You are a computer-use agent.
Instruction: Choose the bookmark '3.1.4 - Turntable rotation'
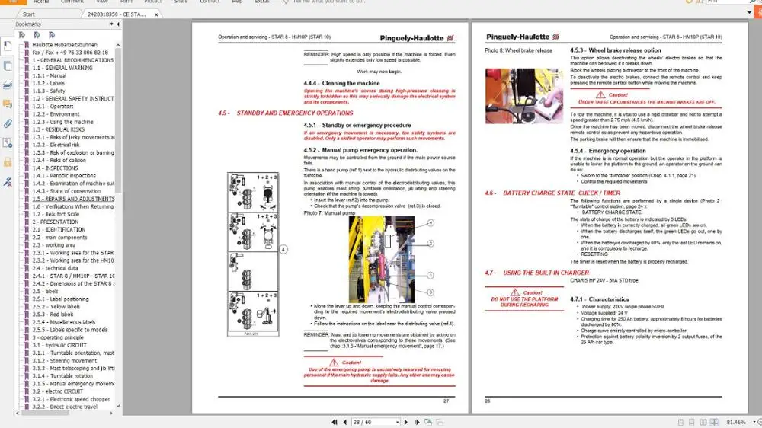click(62, 375)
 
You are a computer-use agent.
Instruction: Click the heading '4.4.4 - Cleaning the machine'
click(341, 83)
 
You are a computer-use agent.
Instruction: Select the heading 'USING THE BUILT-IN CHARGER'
click(546, 272)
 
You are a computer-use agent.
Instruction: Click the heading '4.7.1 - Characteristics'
click(599, 299)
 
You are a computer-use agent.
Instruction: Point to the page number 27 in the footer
click(446, 401)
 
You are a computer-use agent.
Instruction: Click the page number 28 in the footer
click(488, 401)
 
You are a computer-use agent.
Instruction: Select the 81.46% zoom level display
click(736, 422)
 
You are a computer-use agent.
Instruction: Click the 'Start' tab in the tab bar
click(29, 14)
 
